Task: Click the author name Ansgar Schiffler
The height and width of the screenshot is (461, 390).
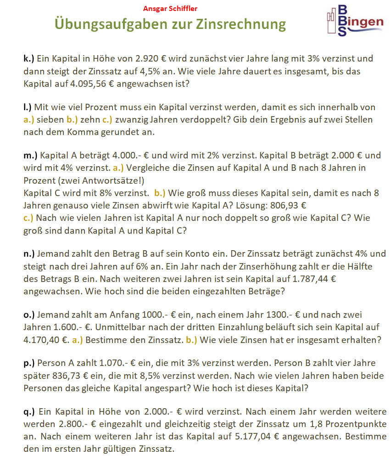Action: tap(170, 8)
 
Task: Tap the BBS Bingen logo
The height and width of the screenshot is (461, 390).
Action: tap(354, 21)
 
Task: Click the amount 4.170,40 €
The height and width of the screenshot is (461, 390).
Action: tap(43, 340)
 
